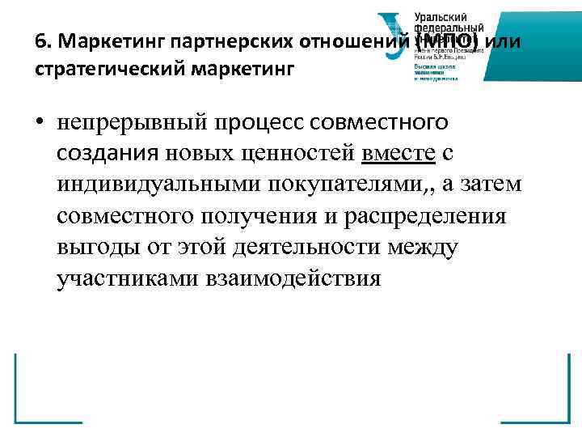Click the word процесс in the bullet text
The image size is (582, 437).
[x=271, y=123]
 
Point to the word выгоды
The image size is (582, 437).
[x=97, y=248]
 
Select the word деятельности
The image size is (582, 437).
[x=318, y=248]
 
